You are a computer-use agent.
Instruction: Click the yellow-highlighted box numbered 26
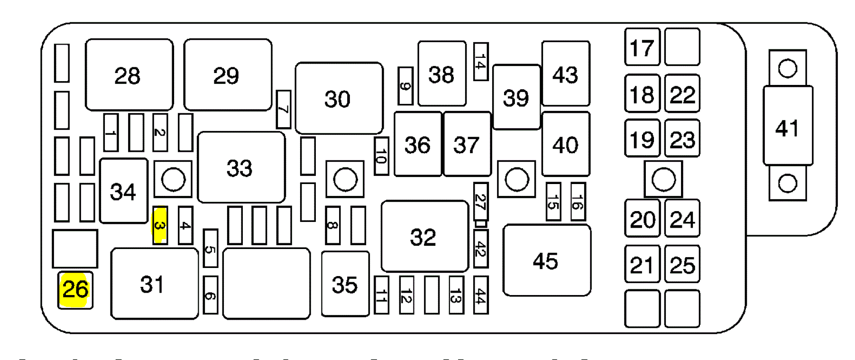[75, 290]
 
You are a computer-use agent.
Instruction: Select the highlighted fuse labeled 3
[160, 225]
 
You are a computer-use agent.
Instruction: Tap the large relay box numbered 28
[129, 75]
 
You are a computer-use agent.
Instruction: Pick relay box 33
[241, 167]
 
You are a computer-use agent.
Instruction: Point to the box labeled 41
[788, 126]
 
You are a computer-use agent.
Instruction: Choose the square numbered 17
[642, 47]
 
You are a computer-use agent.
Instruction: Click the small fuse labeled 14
[481, 62]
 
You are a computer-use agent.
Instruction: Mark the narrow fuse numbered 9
[405, 86]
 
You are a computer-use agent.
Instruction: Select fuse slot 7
[284, 109]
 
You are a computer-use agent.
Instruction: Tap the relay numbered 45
[547, 260]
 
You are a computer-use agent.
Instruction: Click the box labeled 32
[424, 236]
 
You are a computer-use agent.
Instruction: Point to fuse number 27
[481, 201]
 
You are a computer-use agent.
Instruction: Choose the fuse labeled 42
[481, 249]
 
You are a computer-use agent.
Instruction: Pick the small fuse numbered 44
[481, 295]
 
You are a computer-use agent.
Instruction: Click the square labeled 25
[682, 264]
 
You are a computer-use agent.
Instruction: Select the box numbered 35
[345, 284]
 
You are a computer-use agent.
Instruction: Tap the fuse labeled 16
[578, 202]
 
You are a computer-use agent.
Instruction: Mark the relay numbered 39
[516, 97]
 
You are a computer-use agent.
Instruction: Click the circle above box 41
[788, 68]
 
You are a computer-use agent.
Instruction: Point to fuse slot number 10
[381, 156]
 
